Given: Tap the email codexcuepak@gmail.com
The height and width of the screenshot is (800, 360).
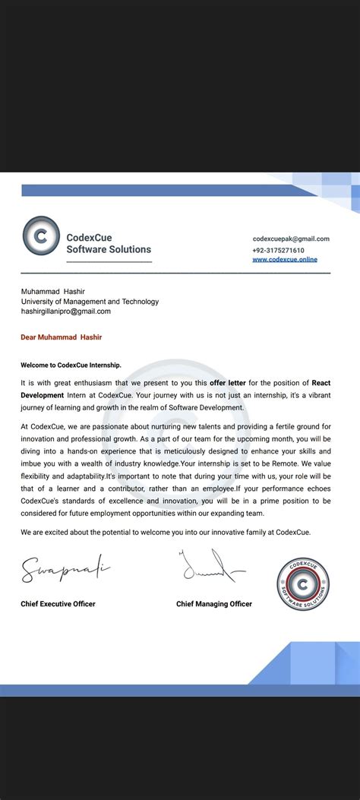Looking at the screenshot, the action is (291, 239).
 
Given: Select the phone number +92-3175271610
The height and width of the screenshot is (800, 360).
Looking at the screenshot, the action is (279, 250).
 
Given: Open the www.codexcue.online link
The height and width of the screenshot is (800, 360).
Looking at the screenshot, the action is (285, 260).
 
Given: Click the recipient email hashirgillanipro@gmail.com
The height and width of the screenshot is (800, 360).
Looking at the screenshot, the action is (66, 311).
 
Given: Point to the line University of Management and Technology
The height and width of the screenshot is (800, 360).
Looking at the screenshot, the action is (90, 302).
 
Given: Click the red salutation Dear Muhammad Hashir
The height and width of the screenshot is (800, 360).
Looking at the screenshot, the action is (61, 337).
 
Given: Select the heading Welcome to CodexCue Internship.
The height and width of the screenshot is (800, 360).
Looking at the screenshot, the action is (71, 365).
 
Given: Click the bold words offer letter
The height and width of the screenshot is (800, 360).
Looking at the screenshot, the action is (233, 383).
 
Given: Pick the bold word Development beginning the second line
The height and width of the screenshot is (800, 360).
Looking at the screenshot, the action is (42, 395).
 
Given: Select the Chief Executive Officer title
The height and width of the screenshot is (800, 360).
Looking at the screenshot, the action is (58, 604).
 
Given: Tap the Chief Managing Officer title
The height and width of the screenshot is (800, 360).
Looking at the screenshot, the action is (214, 604).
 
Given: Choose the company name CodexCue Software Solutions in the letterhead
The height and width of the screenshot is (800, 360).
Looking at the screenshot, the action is (109, 243).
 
